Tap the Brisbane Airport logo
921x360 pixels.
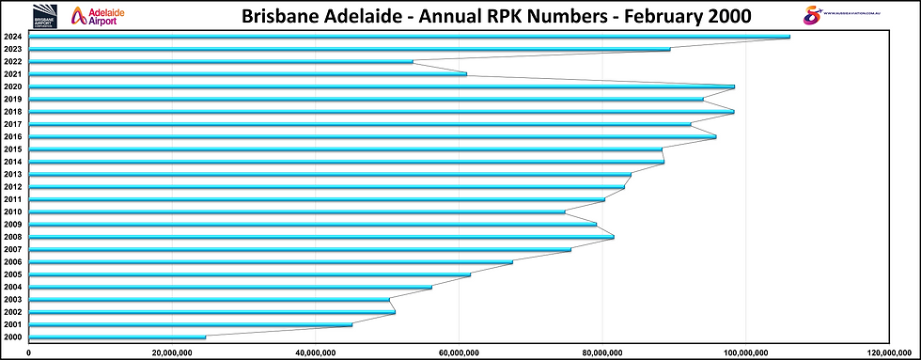45,15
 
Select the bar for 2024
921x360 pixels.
409,37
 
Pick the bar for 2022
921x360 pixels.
221,62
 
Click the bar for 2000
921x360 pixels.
117,337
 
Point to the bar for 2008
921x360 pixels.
321,237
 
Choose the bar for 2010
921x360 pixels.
297,211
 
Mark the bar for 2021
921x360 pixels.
248,74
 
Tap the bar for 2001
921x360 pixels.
191,324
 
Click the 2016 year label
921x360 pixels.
13,137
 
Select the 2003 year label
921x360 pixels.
13,300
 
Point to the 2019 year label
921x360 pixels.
13,100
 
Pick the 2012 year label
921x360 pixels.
13,187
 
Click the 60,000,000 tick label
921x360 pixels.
458,352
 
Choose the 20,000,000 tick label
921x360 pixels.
172,352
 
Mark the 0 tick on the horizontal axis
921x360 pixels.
29,352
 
